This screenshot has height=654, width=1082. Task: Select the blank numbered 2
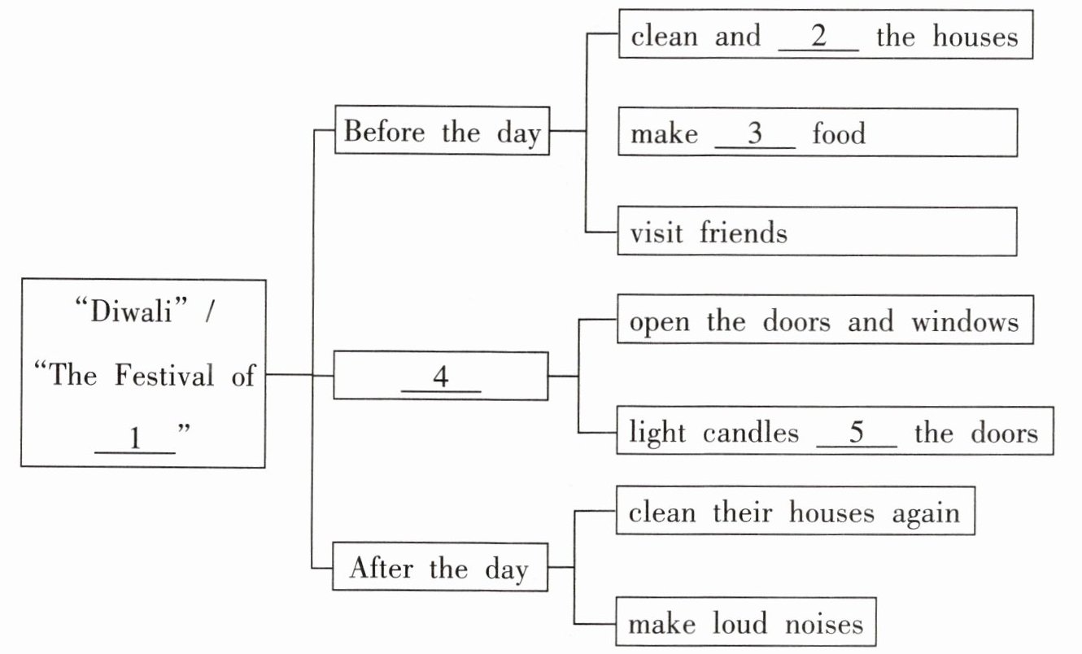[818, 37]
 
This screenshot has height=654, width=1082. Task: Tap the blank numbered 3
[754, 134]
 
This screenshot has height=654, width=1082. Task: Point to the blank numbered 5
[856, 433]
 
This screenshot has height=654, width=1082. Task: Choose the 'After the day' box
[439, 569]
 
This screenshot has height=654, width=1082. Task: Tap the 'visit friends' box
[817, 232]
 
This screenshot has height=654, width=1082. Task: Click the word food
[839, 134]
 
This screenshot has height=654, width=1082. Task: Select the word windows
[965, 322]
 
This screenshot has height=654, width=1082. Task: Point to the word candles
[753, 433]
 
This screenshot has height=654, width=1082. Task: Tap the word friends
[743, 233]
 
